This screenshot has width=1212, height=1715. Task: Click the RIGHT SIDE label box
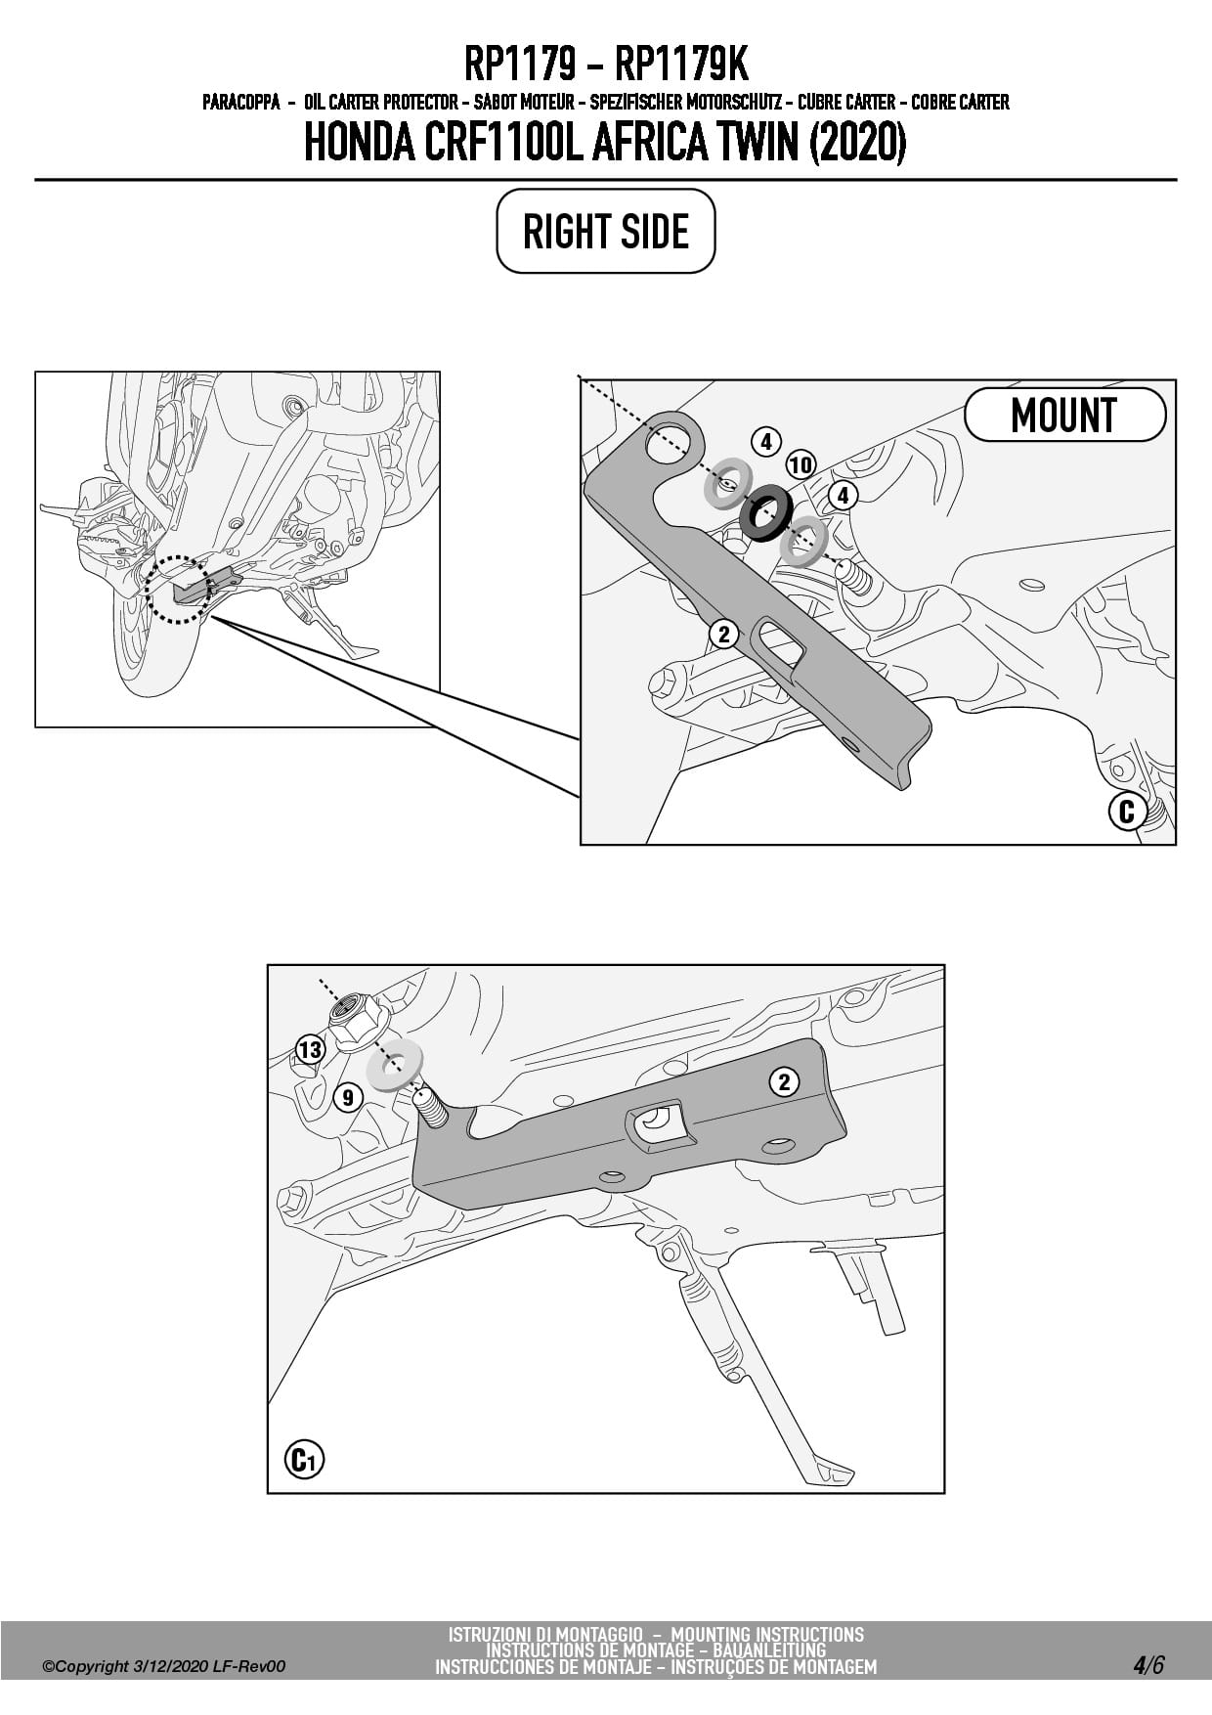606,231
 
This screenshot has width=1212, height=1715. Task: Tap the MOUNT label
1064,415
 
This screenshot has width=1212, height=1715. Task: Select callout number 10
801,464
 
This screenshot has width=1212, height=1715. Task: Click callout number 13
310,1050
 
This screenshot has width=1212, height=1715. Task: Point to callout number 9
347,1097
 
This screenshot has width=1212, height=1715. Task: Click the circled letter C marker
1126,811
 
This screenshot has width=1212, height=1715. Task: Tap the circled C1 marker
304,1460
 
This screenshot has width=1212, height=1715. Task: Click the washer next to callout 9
394,1066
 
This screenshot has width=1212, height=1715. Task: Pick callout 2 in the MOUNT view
723,635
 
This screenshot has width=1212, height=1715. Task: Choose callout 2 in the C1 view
783,1081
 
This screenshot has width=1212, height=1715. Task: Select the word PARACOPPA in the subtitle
241,102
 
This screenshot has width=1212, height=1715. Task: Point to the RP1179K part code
681,65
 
